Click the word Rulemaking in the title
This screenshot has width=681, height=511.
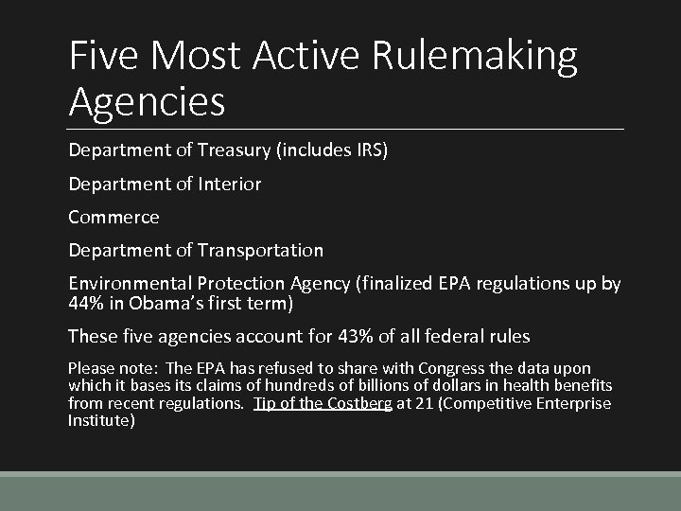(x=475, y=57)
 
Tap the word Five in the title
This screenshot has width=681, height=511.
(x=103, y=57)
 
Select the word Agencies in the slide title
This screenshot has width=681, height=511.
(x=147, y=102)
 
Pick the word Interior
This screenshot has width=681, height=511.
(x=230, y=184)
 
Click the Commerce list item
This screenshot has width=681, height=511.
(x=113, y=217)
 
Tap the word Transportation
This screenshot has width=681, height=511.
(x=261, y=250)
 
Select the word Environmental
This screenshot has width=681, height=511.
(x=131, y=283)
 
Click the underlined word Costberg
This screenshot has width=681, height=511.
(x=358, y=403)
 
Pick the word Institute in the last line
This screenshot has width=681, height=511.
(x=99, y=420)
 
